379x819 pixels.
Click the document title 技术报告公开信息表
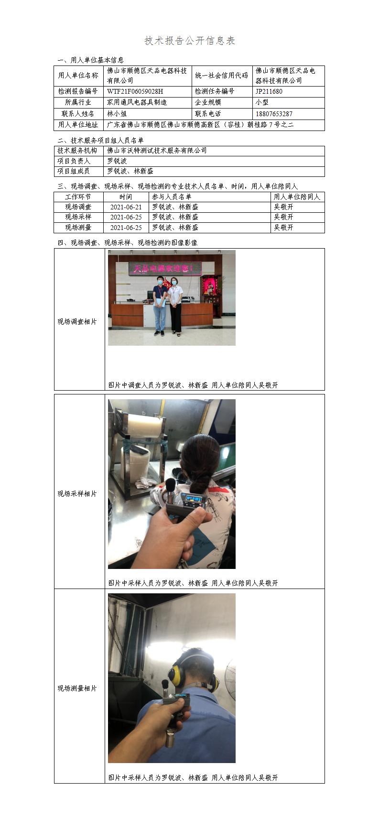pos(190,41)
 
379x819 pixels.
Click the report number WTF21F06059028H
pos(135,91)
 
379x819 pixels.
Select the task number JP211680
pos(269,91)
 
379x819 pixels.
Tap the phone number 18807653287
pos(274,114)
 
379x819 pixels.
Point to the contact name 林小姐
pos(117,114)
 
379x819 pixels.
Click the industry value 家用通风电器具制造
pos(137,102)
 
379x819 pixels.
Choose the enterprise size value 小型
pos(262,102)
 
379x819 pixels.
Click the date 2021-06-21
pos(126,207)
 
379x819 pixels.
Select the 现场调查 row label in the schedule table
pos(78,207)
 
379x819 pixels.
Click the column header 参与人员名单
pos(172,197)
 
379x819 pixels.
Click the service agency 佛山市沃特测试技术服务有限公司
pos(157,150)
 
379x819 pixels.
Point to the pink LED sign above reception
pos(164,269)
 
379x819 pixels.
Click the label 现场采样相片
pos(77,493)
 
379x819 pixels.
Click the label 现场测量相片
pos(77,688)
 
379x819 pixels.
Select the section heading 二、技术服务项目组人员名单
pos(100,141)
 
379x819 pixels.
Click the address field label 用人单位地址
pos(78,125)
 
